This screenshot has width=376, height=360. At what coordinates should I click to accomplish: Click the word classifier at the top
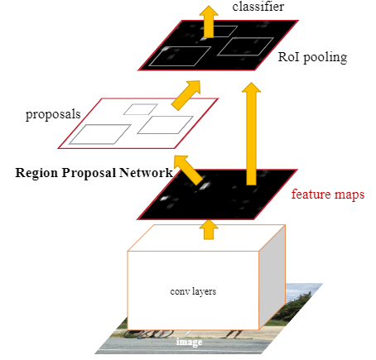[258, 7]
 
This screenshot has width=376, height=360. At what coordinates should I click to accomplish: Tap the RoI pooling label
[312, 57]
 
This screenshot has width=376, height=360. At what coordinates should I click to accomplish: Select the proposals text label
[53, 114]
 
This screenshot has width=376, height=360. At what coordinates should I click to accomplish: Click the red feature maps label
[328, 194]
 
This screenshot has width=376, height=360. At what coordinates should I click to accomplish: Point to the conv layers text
[193, 291]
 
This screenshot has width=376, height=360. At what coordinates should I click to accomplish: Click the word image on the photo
[189, 342]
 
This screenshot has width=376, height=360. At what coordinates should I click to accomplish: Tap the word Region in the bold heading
[36, 173]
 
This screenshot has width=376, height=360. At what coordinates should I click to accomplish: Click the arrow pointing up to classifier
[209, 22]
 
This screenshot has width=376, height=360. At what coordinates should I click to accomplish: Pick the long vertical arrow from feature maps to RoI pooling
[251, 134]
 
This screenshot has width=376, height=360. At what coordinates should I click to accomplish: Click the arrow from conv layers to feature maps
[209, 229]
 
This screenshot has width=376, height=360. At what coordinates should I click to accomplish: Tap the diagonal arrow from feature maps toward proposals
[188, 170]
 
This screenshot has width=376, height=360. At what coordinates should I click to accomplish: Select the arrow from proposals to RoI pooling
[186, 95]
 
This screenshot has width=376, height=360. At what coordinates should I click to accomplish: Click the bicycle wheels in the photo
[148, 334]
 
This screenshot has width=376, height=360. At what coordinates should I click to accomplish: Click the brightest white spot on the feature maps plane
[205, 185]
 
